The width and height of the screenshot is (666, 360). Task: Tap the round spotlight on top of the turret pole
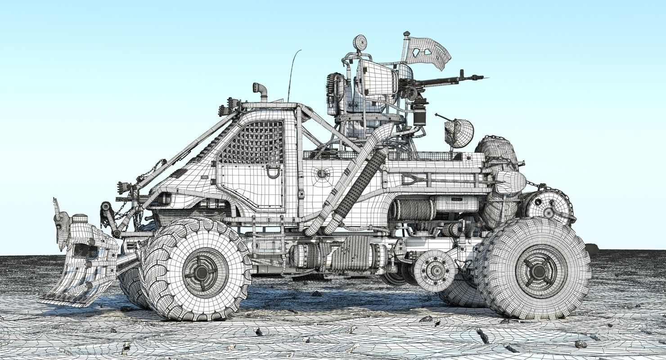tap(360, 43)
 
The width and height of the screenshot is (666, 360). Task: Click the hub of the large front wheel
tap(201, 272)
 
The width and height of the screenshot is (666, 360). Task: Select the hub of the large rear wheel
tap(538, 271)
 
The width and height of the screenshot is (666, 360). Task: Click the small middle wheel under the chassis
tap(435, 270)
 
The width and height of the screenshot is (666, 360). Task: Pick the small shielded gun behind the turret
tap(458, 131)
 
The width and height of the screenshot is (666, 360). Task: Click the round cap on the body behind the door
tap(321, 173)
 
